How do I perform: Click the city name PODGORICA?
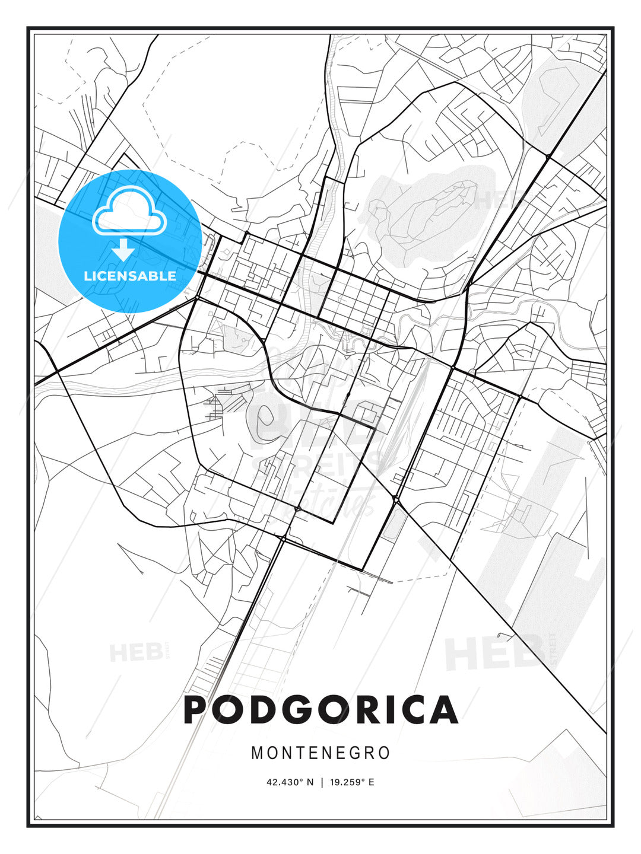[320, 709]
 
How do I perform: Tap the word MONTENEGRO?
[320, 753]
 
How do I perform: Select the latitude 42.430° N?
[290, 782]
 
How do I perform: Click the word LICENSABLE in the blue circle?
[130, 276]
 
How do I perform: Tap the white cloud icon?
[128, 211]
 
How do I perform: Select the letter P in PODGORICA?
[197, 709]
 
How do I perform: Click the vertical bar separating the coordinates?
[321, 782]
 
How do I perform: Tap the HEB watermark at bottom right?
[496, 652]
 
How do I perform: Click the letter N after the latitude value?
[309, 782]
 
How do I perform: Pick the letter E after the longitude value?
[372, 782]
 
